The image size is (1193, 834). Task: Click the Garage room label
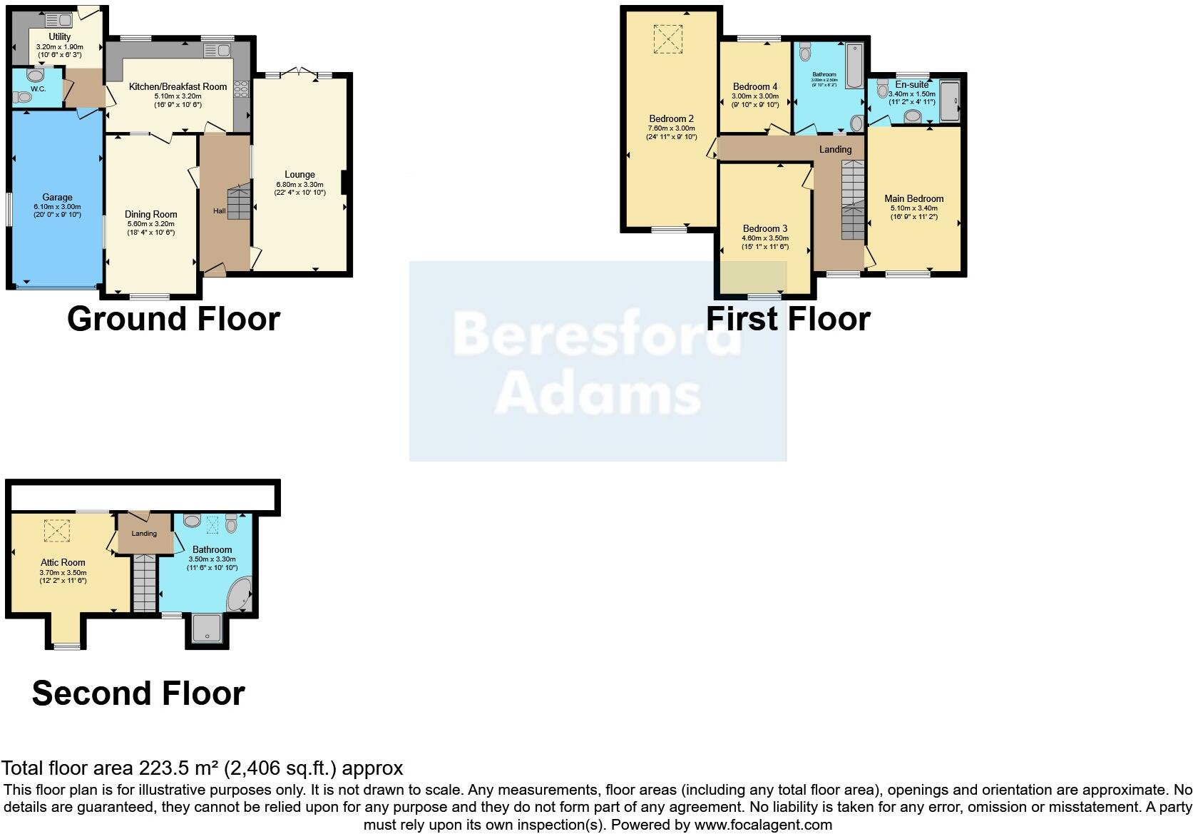(57, 198)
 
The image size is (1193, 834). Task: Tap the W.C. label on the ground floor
(39, 89)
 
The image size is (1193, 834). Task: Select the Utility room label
(60, 37)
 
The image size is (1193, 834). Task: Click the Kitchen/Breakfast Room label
(178, 86)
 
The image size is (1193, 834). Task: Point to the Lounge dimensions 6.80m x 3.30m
(299, 184)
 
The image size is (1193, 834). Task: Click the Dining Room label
(150, 214)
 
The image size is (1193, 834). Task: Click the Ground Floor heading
(173, 318)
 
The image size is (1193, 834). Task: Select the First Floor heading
(788, 318)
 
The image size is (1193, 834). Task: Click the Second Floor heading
(138, 693)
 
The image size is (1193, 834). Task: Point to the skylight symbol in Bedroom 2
(669, 39)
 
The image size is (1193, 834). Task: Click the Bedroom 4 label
(755, 87)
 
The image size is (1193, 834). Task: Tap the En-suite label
(912, 84)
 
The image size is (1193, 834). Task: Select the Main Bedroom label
(913, 198)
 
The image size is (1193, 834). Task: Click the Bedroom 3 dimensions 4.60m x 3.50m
(765, 238)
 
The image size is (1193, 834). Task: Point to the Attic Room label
(63, 563)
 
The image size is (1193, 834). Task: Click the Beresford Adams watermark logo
(598, 361)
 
